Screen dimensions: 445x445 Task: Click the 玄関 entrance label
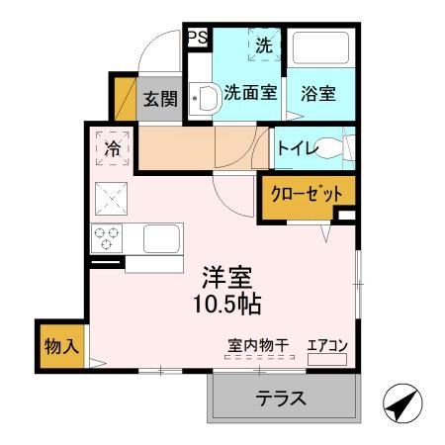[x=158, y=99]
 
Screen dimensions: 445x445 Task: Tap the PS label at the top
[x=197, y=39]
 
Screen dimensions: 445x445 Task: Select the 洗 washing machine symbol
[x=263, y=45]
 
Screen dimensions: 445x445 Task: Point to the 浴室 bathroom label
[x=318, y=94]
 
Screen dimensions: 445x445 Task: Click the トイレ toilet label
[x=297, y=148]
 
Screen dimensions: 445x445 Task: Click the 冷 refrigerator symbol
[x=113, y=149]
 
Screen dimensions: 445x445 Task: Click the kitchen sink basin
[x=158, y=238]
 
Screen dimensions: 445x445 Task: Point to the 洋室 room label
[x=225, y=275]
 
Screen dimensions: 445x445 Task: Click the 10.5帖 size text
[x=225, y=304]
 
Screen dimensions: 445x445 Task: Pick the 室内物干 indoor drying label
[x=258, y=345]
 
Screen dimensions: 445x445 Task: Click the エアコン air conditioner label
[x=327, y=345]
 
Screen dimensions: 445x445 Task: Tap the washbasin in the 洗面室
[x=206, y=97]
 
